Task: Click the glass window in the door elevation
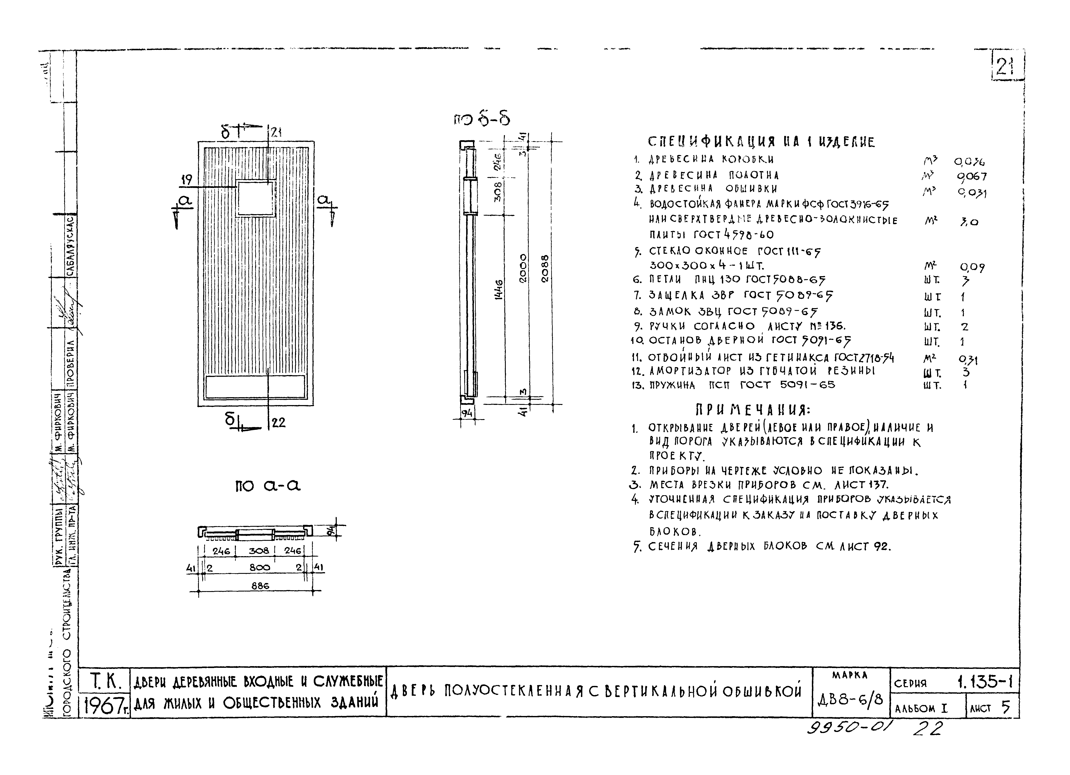(x=256, y=198)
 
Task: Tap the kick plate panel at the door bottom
(x=255, y=386)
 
